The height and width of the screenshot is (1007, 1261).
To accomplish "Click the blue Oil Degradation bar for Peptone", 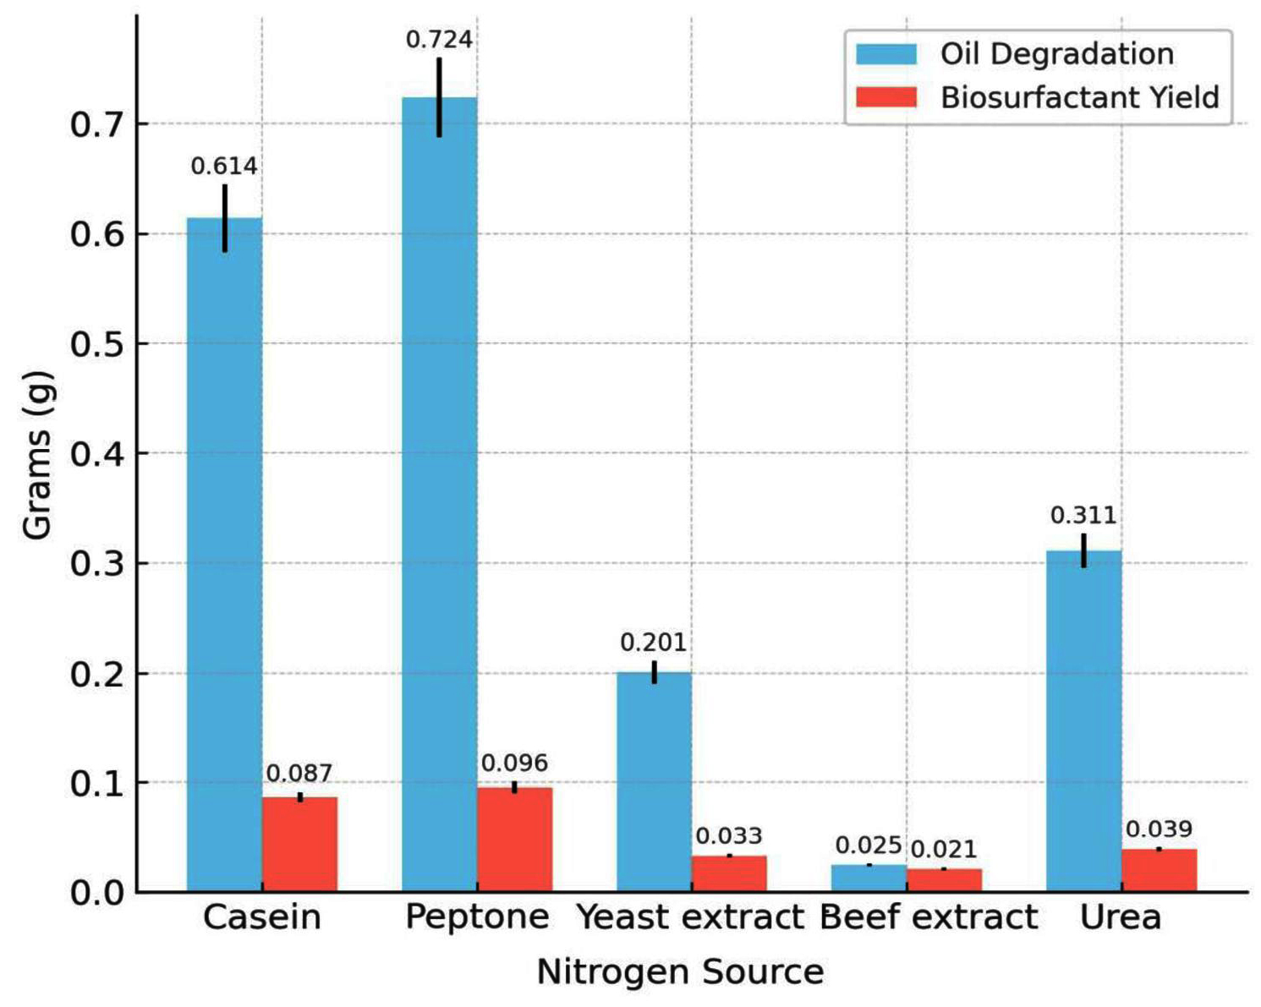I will pyautogui.click(x=439, y=495).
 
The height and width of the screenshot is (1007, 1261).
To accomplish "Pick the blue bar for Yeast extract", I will pyautogui.click(x=654, y=782).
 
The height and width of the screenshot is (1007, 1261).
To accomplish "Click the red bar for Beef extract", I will pyautogui.click(x=944, y=880).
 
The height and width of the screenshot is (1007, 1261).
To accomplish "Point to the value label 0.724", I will pyautogui.click(x=439, y=40).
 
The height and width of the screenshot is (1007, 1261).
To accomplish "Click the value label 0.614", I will pyautogui.click(x=224, y=167).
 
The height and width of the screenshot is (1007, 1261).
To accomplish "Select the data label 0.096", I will pyautogui.click(x=514, y=763).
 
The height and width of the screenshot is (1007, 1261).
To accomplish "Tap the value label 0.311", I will pyautogui.click(x=1083, y=515).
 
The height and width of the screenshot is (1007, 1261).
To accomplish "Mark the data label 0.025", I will pyautogui.click(x=869, y=846).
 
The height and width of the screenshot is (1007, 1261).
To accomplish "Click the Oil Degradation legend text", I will pyautogui.click(x=1056, y=54).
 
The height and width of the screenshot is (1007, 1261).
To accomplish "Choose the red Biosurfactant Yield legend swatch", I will pyautogui.click(x=885, y=97).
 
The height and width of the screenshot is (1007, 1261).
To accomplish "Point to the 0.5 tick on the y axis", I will pyautogui.click(x=96, y=344).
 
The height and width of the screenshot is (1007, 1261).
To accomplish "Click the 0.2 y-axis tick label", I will pyautogui.click(x=96, y=674).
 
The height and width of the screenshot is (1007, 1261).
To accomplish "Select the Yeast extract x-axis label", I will pyautogui.click(x=690, y=917).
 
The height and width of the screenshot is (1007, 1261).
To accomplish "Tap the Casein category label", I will pyautogui.click(x=262, y=917).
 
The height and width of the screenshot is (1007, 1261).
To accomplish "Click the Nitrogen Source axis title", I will pyautogui.click(x=680, y=972).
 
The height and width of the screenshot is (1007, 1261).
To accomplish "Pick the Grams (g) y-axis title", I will pyautogui.click(x=38, y=455).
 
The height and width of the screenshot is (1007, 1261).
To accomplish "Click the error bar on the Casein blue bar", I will pyautogui.click(x=225, y=218).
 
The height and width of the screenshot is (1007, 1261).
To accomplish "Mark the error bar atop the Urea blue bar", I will pyautogui.click(x=1083, y=550).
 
